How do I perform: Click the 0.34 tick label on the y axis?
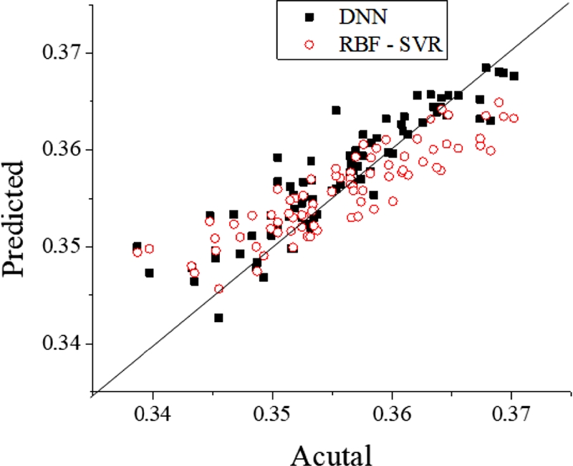point(63,344)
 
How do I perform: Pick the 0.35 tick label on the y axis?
point(63,247)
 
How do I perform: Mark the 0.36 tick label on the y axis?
point(63,150)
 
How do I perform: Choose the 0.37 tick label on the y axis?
point(63,54)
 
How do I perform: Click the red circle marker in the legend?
point(309,44)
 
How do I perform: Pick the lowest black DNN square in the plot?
point(218,318)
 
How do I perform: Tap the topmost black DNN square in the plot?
point(486,68)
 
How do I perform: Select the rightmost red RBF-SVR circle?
point(514,118)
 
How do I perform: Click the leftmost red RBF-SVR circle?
point(137,252)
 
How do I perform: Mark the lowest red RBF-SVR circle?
point(218,289)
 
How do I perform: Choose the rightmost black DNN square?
point(514,76)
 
